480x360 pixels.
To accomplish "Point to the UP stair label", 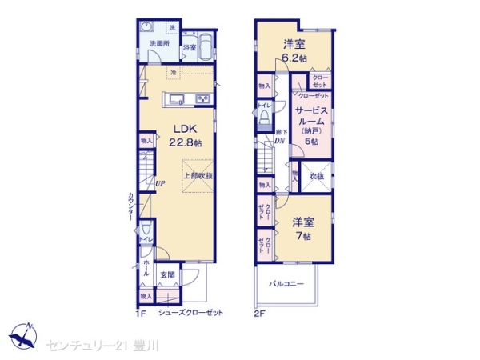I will pyautogui.click(x=161, y=183).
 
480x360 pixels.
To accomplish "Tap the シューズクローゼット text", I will pyautogui.click(x=190, y=312).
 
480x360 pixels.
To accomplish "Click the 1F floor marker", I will pyautogui.click(x=140, y=312).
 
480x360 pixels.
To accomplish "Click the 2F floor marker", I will pyautogui.click(x=259, y=312).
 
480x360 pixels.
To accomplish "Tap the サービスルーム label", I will pyautogui.click(x=309, y=118).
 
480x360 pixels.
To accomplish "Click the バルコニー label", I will pyautogui.click(x=286, y=283).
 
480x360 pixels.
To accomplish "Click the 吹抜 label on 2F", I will pyautogui.click(x=316, y=176).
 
